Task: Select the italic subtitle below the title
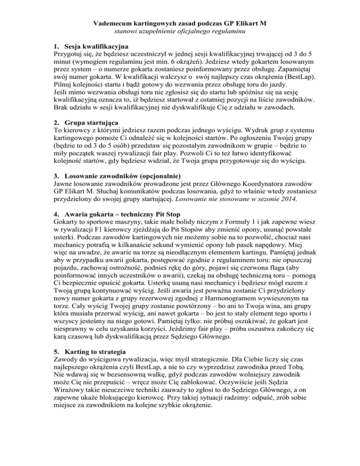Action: [x=180, y=31]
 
